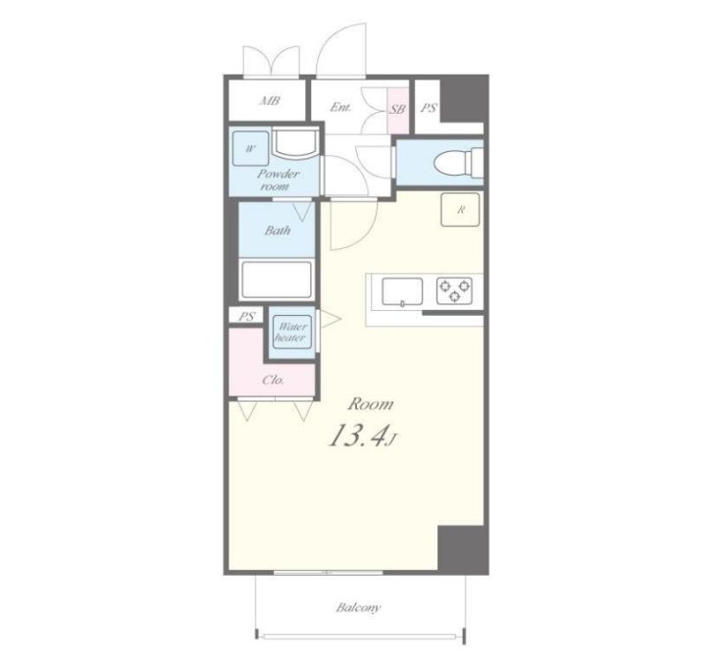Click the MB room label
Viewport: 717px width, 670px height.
pyautogui.click(x=270, y=101)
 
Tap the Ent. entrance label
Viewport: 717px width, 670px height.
pyautogui.click(x=340, y=108)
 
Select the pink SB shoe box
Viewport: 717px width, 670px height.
pyautogui.click(x=397, y=110)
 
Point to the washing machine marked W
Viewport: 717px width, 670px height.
pyautogui.click(x=250, y=149)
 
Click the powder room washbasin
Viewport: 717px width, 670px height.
pyautogui.click(x=295, y=143)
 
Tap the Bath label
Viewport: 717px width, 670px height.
pyautogui.click(x=278, y=231)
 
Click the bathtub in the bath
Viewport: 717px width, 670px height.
pyautogui.click(x=277, y=280)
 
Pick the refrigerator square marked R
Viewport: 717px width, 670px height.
pyautogui.click(x=460, y=210)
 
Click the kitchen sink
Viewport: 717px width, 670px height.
pyautogui.click(x=402, y=291)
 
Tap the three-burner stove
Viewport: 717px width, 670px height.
pyautogui.click(x=454, y=291)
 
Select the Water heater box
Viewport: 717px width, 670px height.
pyautogui.click(x=291, y=333)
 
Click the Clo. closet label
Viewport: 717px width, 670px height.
pyautogui.click(x=274, y=380)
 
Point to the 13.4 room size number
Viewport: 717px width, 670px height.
pyautogui.click(x=355, y=436)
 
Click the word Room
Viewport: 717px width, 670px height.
pyautogui.click(x=371, y=404)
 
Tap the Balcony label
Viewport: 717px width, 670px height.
pyautogui.click(x=358, y=608)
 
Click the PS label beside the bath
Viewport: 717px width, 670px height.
pyautogui.click(x=247, y=317)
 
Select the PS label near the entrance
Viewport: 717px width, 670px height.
pyautogui.click(x=429, y=108)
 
